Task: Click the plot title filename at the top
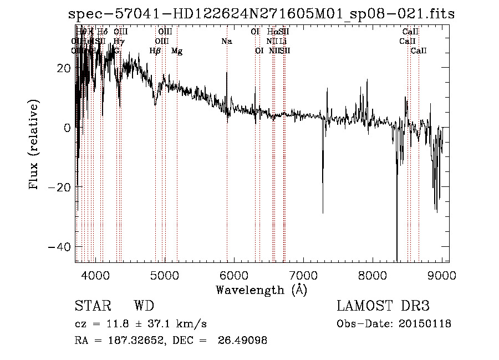pos(261,14)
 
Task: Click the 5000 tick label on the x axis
pos(165,275)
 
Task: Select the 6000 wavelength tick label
pos(234,275)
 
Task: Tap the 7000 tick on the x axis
pos(303,275)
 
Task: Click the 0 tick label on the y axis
pos(67,127)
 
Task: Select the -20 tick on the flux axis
pos(60,187)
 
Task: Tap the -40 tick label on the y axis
pos(60,246)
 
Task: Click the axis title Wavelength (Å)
pos(261,290)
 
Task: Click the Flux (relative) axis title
pos(34,145)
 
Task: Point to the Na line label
pos(226,41)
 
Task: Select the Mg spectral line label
pos(176,51)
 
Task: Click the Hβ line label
pos(155,51)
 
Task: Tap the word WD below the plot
pos(144,306)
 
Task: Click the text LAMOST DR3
pos(383,306)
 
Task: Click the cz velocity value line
pos(141,324)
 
